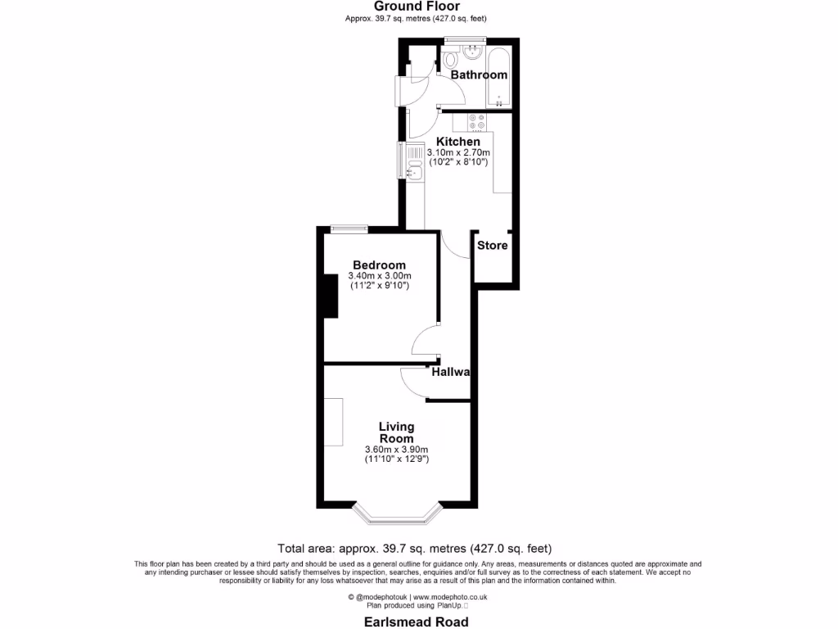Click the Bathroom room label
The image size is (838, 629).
point(480,75)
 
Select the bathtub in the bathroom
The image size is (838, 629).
point(499,79)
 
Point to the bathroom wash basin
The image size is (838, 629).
point(472,52)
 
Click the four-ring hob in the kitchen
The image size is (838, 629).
point(476,121)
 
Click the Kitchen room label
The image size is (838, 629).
point(458,142)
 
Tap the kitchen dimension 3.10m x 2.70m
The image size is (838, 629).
point(458,152)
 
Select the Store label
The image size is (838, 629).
point(493,245)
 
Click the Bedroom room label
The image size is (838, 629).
point(379,265)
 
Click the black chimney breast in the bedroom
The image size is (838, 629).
point(331,296)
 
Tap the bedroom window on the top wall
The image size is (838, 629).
point(348,230)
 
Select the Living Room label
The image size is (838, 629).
point(397,432)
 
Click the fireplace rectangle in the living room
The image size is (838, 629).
point(333,422)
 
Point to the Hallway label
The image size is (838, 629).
point(452,372)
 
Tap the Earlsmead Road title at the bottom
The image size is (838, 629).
point(417,622)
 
